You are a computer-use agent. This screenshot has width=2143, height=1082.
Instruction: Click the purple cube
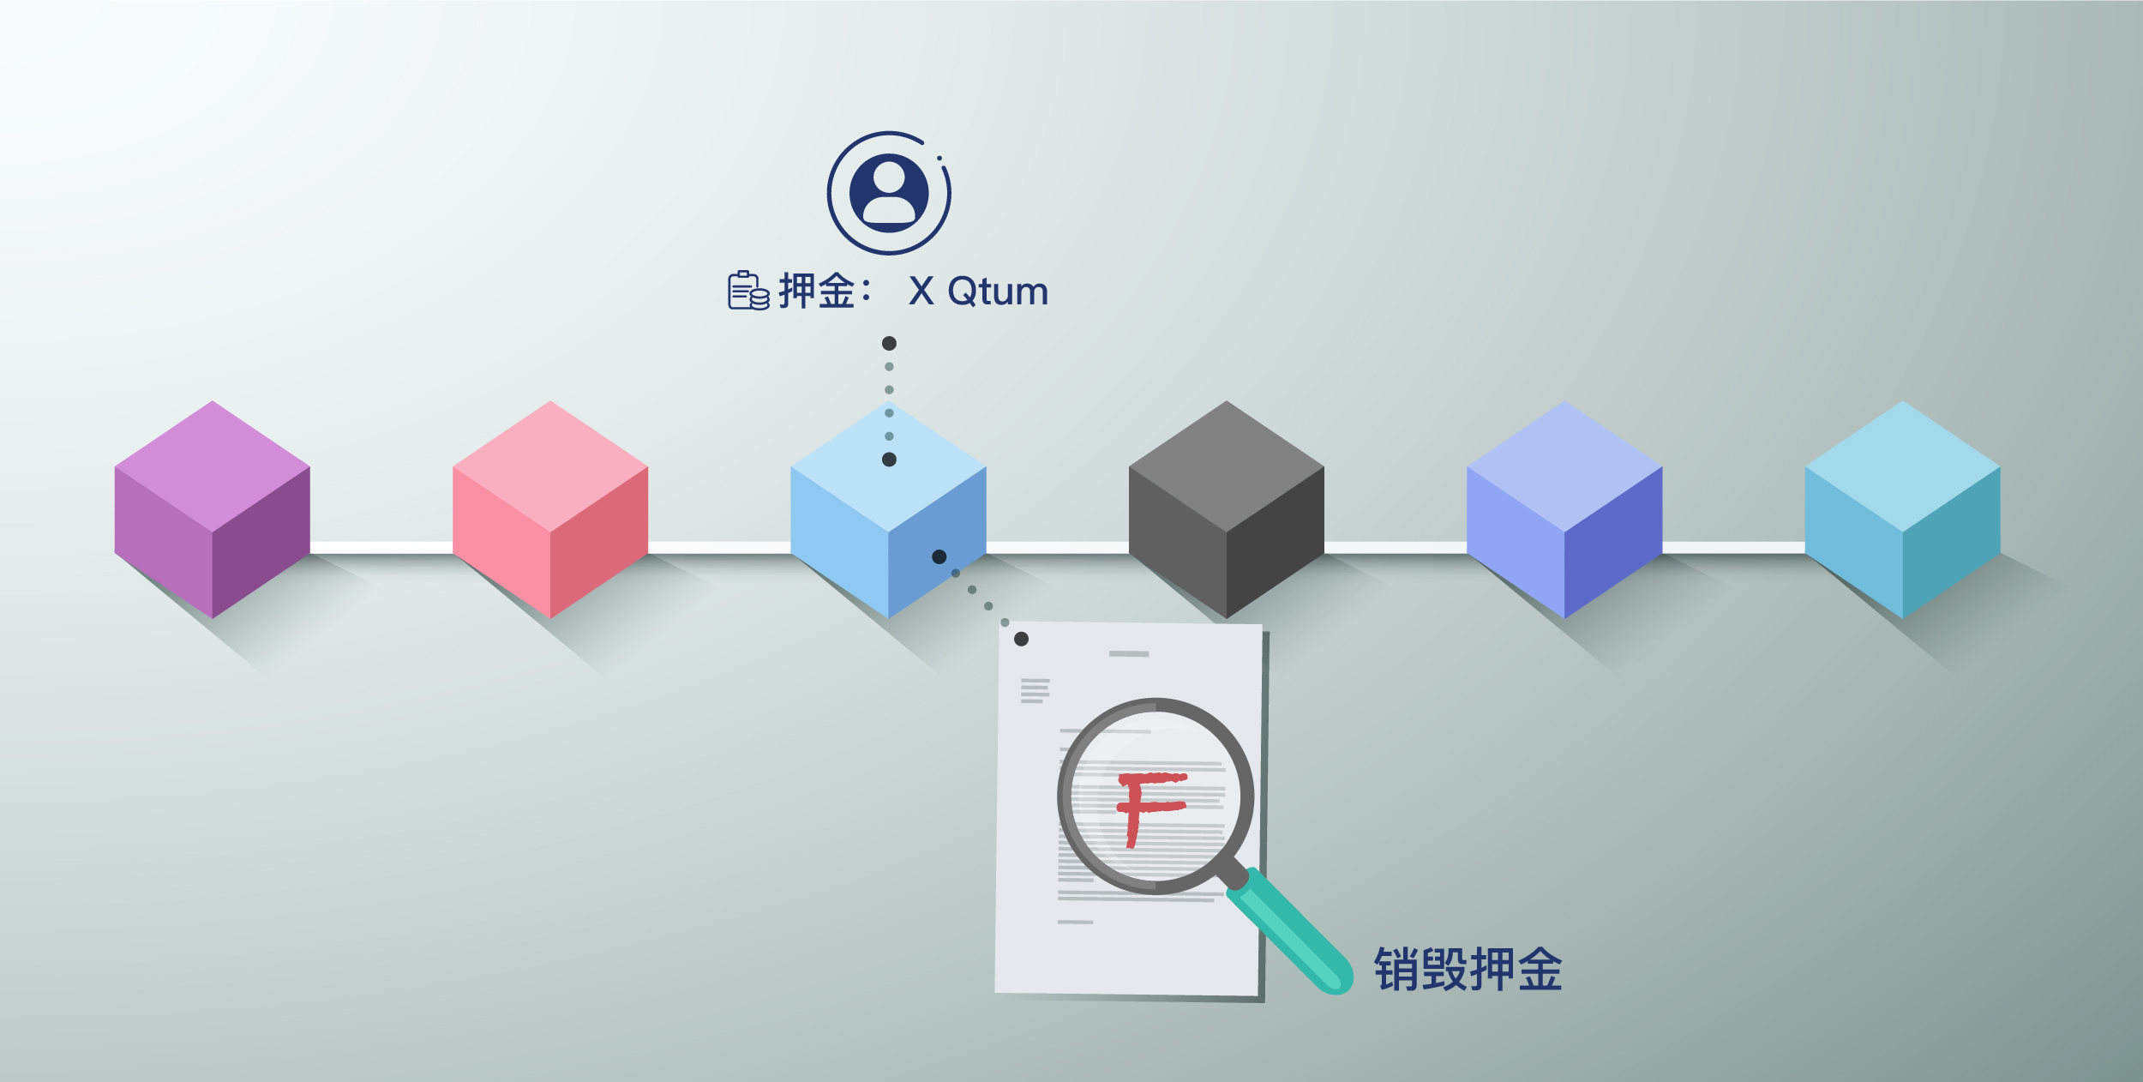pos(212,509)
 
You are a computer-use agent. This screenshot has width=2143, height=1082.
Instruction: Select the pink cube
pos(549,509)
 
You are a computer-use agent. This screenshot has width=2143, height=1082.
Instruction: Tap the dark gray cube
pos(1226,509)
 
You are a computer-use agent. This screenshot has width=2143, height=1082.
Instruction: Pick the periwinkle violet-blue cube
pos(1564,509)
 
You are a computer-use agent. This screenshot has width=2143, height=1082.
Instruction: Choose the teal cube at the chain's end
pos(1902,509)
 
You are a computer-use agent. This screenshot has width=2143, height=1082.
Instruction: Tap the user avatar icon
pos(889,193)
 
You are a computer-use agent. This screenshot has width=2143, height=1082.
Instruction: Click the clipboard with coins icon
pos(747,291)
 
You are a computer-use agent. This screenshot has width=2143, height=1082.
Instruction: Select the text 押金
pos(816,291)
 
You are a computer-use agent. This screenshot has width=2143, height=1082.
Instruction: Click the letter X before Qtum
pos(921,292)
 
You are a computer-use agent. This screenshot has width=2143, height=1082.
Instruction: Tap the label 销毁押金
pos(1468,970)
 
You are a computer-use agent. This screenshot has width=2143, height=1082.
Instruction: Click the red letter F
pos(1149,807)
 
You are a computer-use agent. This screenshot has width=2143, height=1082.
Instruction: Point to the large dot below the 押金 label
pos(889,343)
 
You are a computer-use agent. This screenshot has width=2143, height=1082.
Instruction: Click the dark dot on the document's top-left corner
pos(1021,639)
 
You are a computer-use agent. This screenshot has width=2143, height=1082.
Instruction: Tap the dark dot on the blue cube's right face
pos(939,556)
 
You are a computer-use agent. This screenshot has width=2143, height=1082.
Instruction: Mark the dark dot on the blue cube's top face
pos(889,460)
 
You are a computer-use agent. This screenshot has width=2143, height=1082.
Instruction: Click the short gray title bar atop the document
pos(1128,653)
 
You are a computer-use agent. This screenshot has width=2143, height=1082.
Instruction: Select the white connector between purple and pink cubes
pos(381,548)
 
